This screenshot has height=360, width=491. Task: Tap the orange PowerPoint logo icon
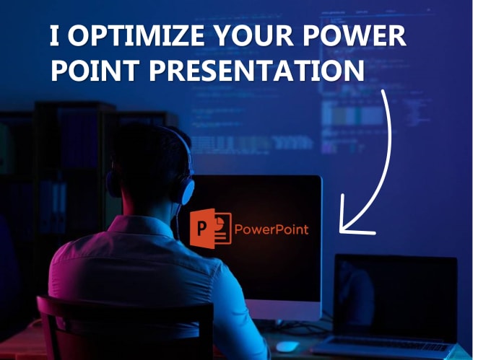210,229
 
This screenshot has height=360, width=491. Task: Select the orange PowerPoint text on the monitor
271,229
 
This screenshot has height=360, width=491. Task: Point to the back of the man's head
144,170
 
